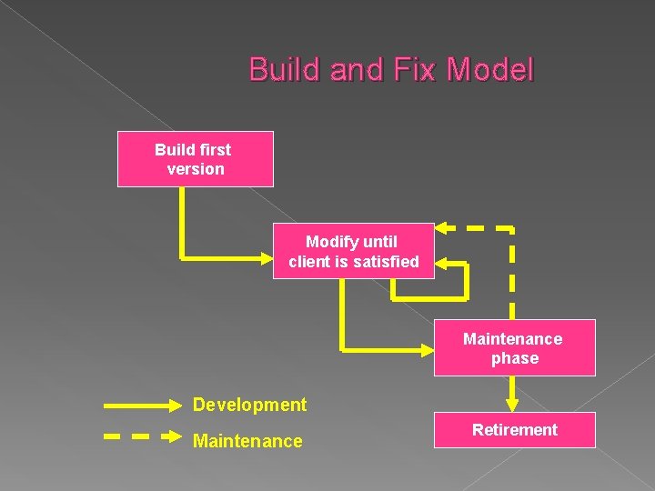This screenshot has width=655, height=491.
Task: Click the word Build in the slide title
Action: point(281,70)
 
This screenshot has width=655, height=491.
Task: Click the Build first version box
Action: point(195,159)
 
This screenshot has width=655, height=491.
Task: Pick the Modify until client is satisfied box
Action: point(353,251)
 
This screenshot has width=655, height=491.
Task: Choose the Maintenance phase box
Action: point(514,347)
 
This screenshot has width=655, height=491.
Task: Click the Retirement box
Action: point(514,429)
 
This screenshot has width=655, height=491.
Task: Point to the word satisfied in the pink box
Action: point(387,262)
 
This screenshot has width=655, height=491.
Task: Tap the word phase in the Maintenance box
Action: point(515,358)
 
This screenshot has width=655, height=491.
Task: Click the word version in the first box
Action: point(196,169)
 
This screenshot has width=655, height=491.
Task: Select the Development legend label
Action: point(249,405)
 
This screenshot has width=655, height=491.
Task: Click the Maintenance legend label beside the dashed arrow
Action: point(247,441)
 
